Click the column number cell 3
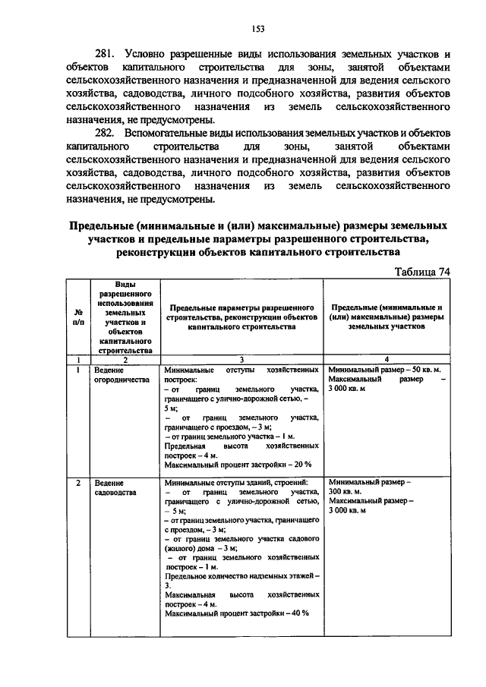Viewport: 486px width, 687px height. (x=241, y=359)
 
